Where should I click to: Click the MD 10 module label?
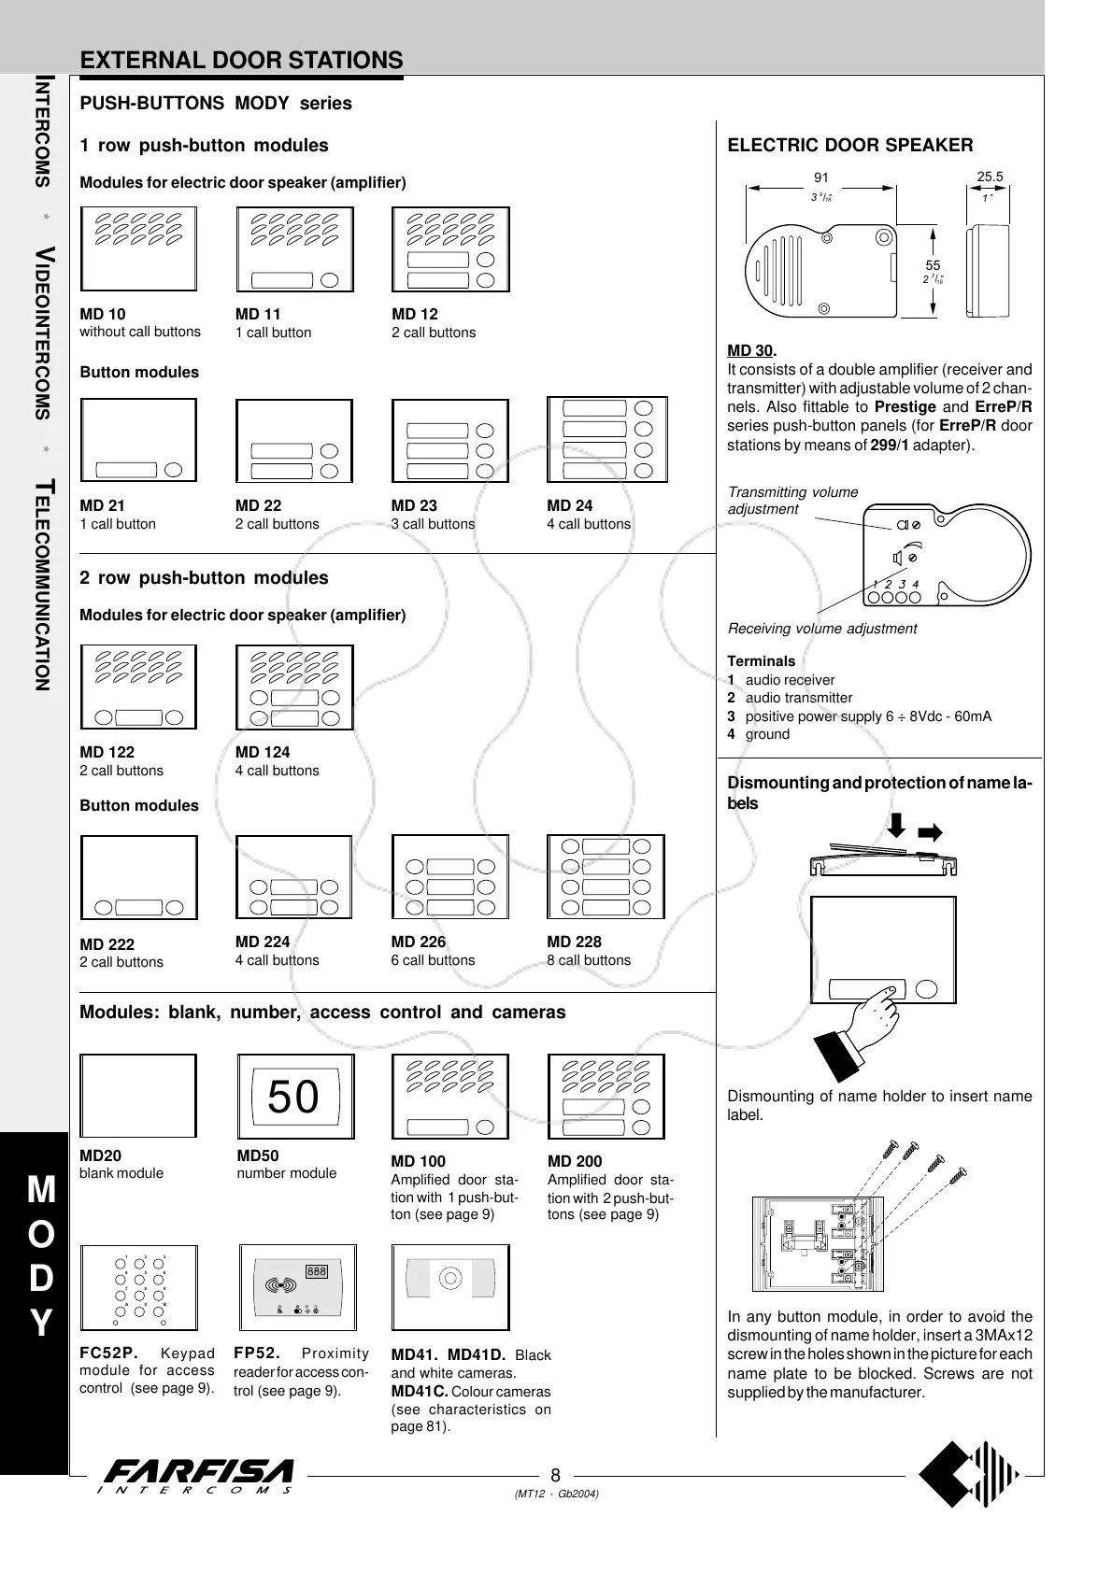click(103, 314)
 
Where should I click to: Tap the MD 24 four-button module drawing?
click(606, 440)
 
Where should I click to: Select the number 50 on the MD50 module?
click(293, 1097)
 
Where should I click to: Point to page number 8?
click(555, 1476)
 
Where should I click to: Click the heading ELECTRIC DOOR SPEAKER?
click(849, 145)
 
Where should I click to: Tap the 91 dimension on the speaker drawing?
click(821, 177)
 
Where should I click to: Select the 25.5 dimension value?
click(990, 177)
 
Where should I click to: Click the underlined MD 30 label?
click(750, 350)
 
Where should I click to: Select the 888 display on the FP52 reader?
click(316, 1271)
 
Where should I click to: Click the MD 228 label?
click(574, 942)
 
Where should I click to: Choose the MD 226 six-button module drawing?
click(450, 877)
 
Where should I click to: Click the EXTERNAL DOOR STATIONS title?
click(242, 61)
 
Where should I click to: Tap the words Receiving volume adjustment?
click(821, 629)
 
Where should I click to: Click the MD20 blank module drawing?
click(138, 1096)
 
